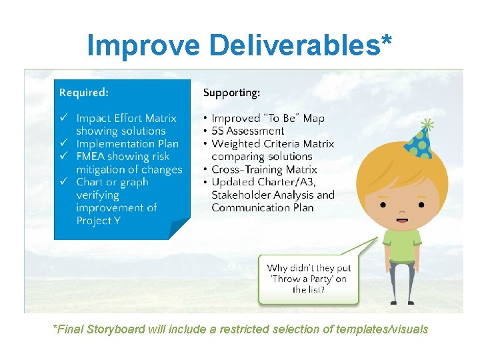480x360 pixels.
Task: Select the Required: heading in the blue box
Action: coord(84,92)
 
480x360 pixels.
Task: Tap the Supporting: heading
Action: coord(231,93)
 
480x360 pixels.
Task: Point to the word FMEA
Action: coord(91,157)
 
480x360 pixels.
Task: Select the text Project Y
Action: coord(98,221)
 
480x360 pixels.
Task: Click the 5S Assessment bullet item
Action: coord(247,131)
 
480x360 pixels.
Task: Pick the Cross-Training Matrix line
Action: coord(264,169)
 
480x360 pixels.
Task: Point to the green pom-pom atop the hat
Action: coord(426,125)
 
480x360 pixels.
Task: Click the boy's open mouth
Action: coord(401,218)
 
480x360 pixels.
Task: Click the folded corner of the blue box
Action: coord(179,229)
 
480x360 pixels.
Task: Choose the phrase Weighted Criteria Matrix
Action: coord(273,144)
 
